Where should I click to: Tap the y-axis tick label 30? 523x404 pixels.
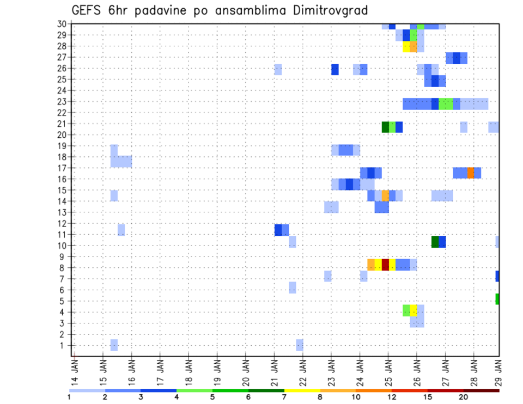coord(62,24)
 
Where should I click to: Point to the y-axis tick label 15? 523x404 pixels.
coord(62,190)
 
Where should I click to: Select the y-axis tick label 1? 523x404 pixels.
coord(64,345)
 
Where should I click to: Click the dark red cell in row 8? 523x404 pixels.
coord(385,265)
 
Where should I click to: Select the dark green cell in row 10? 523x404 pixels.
coord(435,242)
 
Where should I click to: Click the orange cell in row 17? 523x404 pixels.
coord(471,173)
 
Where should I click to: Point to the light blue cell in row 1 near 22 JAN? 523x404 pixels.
coord(300,345)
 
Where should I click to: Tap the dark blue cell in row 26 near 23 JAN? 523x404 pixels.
coord(335,70)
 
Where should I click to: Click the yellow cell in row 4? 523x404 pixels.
coord(413,310)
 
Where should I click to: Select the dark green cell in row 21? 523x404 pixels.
coord(385,127)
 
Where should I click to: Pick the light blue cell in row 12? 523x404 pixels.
coord(121,230)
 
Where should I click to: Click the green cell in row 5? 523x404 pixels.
coord(497,299)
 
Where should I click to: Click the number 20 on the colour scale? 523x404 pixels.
coord(463,397)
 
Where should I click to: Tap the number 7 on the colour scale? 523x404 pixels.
coord(284,397)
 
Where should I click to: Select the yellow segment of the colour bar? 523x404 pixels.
coord(302,390)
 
